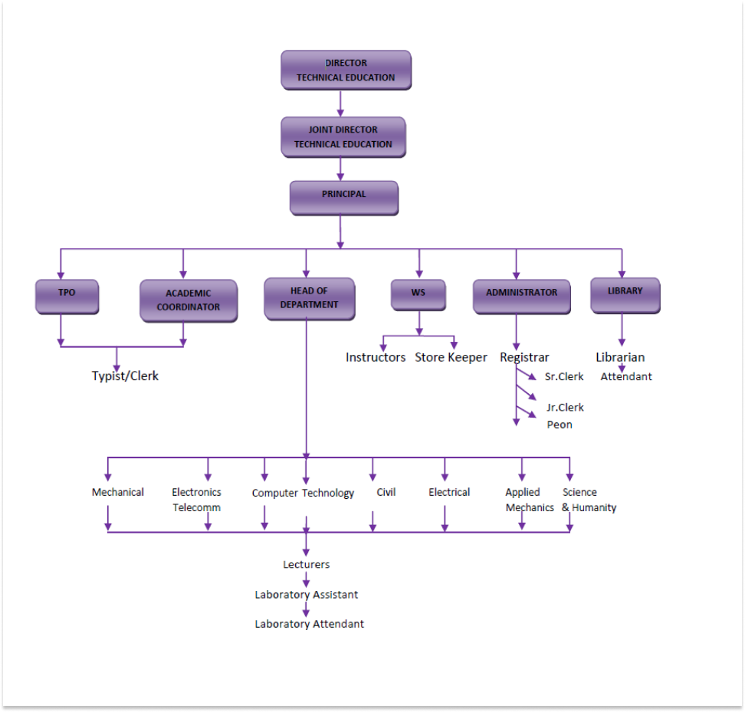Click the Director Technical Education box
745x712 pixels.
(346, 71)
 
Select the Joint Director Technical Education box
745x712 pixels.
(343, 137)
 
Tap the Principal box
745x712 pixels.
(343, 197)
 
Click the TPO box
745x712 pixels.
(67, 296)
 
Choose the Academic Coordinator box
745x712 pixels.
(188, 300)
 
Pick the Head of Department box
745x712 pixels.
(309, 297)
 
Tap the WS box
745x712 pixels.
(418, 294)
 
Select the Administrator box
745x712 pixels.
(521, 296)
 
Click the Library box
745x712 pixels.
(625, 294)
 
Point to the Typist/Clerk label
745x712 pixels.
(125, 376)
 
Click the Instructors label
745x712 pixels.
(376, 357)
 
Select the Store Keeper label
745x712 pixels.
(451, 357)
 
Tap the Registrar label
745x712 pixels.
(524, 357)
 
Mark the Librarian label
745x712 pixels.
(620, 357)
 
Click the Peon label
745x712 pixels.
(560, 425)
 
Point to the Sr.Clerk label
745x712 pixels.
(564, 376)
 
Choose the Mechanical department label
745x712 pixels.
(118, 492)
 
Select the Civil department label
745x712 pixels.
(386, 492)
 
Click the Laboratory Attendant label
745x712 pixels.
(309, 624)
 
